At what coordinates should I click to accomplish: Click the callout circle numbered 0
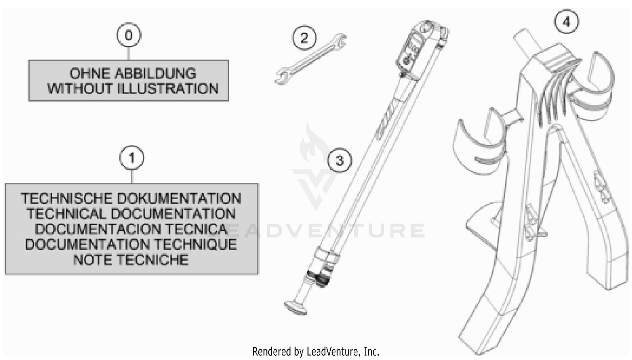tap(129, 35)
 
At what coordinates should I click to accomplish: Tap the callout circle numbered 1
tap(132, 157)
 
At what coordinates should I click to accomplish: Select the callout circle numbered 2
tap(304, 38)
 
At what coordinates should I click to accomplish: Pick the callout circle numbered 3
tap(340, 160)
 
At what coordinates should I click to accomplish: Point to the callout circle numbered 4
tap(567, 22)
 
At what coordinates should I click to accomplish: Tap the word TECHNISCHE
tap(66, 198)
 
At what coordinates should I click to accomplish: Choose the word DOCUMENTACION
tap(90, 229)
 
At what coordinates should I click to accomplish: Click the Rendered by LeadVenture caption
tap(316, 352)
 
